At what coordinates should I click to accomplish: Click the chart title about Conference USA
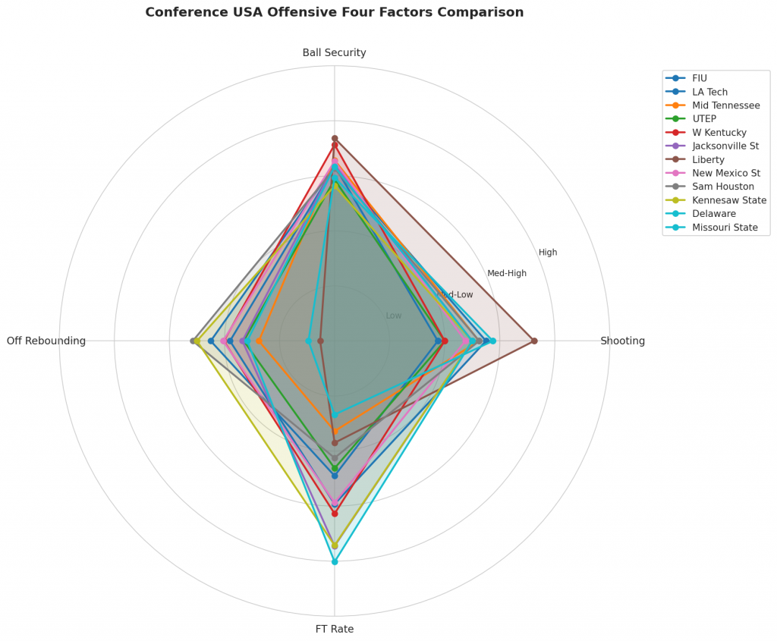(x=334, y=13)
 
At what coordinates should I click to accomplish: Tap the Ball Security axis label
(x=334, y=53)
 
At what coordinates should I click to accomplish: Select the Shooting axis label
(x=622, y=341)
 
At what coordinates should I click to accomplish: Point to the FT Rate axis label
(x=334, y=629)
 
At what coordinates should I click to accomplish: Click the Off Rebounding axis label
(x=46, y=341)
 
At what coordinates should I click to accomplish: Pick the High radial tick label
(x=548, y=253)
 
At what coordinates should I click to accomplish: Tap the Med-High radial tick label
(x=507, y=274)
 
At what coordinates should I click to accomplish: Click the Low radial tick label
(x=394, y=316)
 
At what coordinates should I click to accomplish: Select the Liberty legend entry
(x=708, y=160)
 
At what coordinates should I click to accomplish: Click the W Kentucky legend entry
(x=719, y=133)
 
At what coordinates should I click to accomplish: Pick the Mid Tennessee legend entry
(x=725, y=105)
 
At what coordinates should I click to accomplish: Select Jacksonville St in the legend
(x=725, y=146)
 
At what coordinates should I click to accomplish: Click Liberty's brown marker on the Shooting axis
(x=534, y=341)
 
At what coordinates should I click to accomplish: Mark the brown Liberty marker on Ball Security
(x=335, y=138)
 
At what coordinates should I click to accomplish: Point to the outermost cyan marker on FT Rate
(x=335, y=561)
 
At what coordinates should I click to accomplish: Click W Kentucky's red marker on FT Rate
(x=335, y=514)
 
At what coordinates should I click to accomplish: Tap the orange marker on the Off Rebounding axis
(x=259, y=341)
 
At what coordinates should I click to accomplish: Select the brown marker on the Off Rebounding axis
(x=320, y=341)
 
